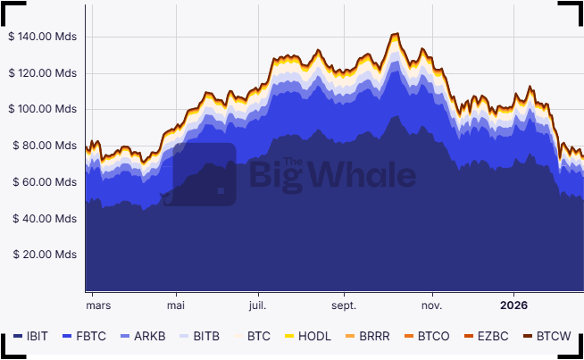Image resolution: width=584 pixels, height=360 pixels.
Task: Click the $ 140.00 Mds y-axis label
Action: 44,37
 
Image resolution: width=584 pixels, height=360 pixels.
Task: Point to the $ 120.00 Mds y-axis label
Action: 44,73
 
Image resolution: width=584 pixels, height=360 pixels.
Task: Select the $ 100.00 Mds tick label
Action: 44,109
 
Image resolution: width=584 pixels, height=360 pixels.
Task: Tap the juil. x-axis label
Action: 257,305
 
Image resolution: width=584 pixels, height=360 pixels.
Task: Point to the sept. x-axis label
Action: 344,305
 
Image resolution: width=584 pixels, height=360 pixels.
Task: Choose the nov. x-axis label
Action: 431,305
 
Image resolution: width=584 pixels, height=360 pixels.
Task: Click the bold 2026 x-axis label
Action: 513,305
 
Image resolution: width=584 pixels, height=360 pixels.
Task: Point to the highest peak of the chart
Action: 395,34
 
